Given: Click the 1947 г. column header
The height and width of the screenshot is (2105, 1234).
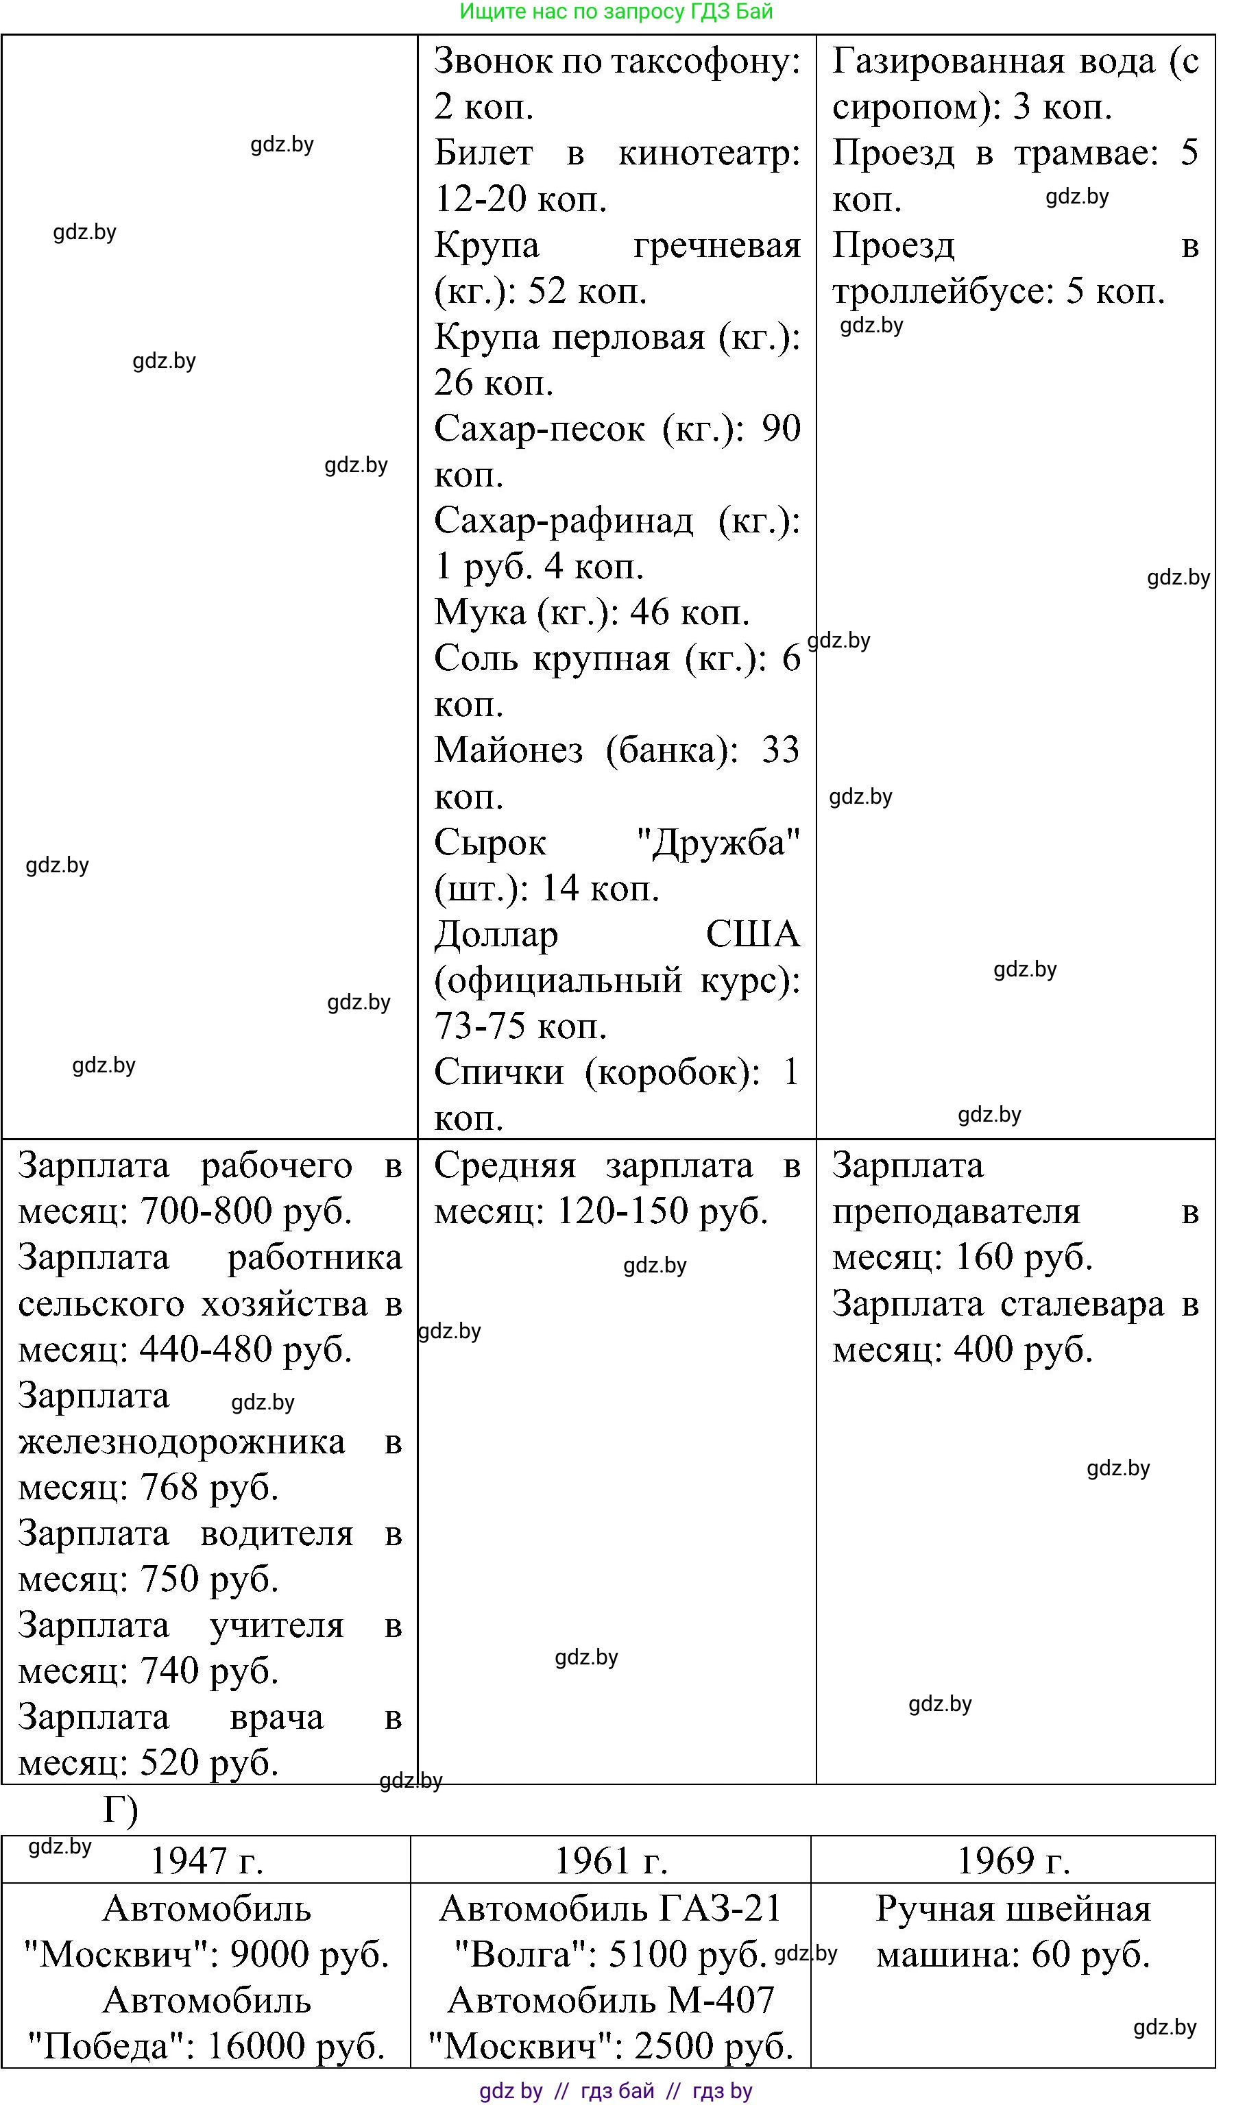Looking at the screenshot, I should (x=206, y=1861).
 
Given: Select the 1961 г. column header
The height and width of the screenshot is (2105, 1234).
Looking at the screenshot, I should (x=611, y=1861).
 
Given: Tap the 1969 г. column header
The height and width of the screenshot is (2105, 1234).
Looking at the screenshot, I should (x=1013, y=1861).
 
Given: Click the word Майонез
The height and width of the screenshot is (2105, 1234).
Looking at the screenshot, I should (x=508, y=750).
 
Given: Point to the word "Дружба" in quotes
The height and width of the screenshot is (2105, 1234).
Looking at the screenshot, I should (x=718, y=842).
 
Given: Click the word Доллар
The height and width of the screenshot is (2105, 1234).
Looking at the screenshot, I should (x=496, y=934).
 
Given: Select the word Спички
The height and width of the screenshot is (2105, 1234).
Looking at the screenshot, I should (x=499, y=1072).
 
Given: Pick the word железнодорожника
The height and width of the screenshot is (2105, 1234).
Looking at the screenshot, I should (x=181, y=1442).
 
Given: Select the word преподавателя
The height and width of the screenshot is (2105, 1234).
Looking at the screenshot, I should (x=956, y=1212).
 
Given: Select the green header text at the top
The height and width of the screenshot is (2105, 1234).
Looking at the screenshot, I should (x=616, y=12).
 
